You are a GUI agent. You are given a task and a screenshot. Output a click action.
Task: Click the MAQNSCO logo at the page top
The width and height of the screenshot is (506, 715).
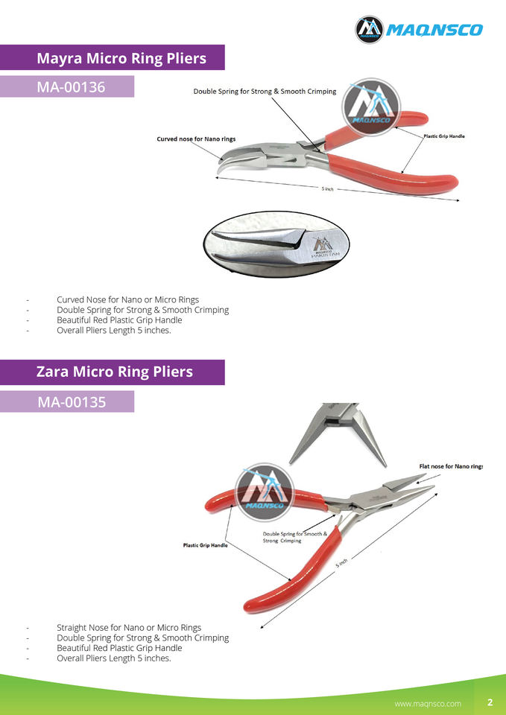pyautogui.click(x=419, y=29)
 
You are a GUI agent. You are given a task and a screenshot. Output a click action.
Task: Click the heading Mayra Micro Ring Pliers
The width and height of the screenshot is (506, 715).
pyautogui.click(x=121, y=57)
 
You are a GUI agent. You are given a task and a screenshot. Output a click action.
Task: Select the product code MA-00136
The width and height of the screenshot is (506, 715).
pyautogui.click(x=71, y=87)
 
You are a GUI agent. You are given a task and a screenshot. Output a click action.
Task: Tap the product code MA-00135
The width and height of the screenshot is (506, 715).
pyautogui.click(x=71, y=402)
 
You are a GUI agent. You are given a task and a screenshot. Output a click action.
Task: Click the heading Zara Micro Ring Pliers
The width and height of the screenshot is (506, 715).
pyautogui.click(x=114, y=372)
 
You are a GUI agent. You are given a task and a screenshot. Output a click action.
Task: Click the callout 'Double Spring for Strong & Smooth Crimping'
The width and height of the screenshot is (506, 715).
pyautogui.click(x=265, y=92)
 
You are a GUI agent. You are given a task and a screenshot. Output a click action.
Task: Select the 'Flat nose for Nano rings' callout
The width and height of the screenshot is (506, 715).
pyautogui.click(x=451, y=466)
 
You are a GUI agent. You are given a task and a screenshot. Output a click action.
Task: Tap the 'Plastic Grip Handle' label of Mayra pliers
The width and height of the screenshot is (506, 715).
pyautogui.click(x=444, y=136)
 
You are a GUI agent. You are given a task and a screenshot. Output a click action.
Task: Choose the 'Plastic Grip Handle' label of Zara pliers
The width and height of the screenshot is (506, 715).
pyautogui.click(x=206, y=545)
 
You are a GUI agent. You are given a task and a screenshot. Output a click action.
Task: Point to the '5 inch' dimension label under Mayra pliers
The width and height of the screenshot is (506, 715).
pyautogui.click(x=328, y=189)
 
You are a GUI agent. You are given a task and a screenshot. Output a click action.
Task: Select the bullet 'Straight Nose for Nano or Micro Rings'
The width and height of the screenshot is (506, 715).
pyautogui.click(x=129, y=627)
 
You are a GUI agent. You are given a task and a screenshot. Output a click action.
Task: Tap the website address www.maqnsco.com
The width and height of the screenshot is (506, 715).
pyautogui.click(x=428, y=703)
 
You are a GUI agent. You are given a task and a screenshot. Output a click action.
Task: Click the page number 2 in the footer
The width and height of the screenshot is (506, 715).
pyautogui.click(x=490, y=702)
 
